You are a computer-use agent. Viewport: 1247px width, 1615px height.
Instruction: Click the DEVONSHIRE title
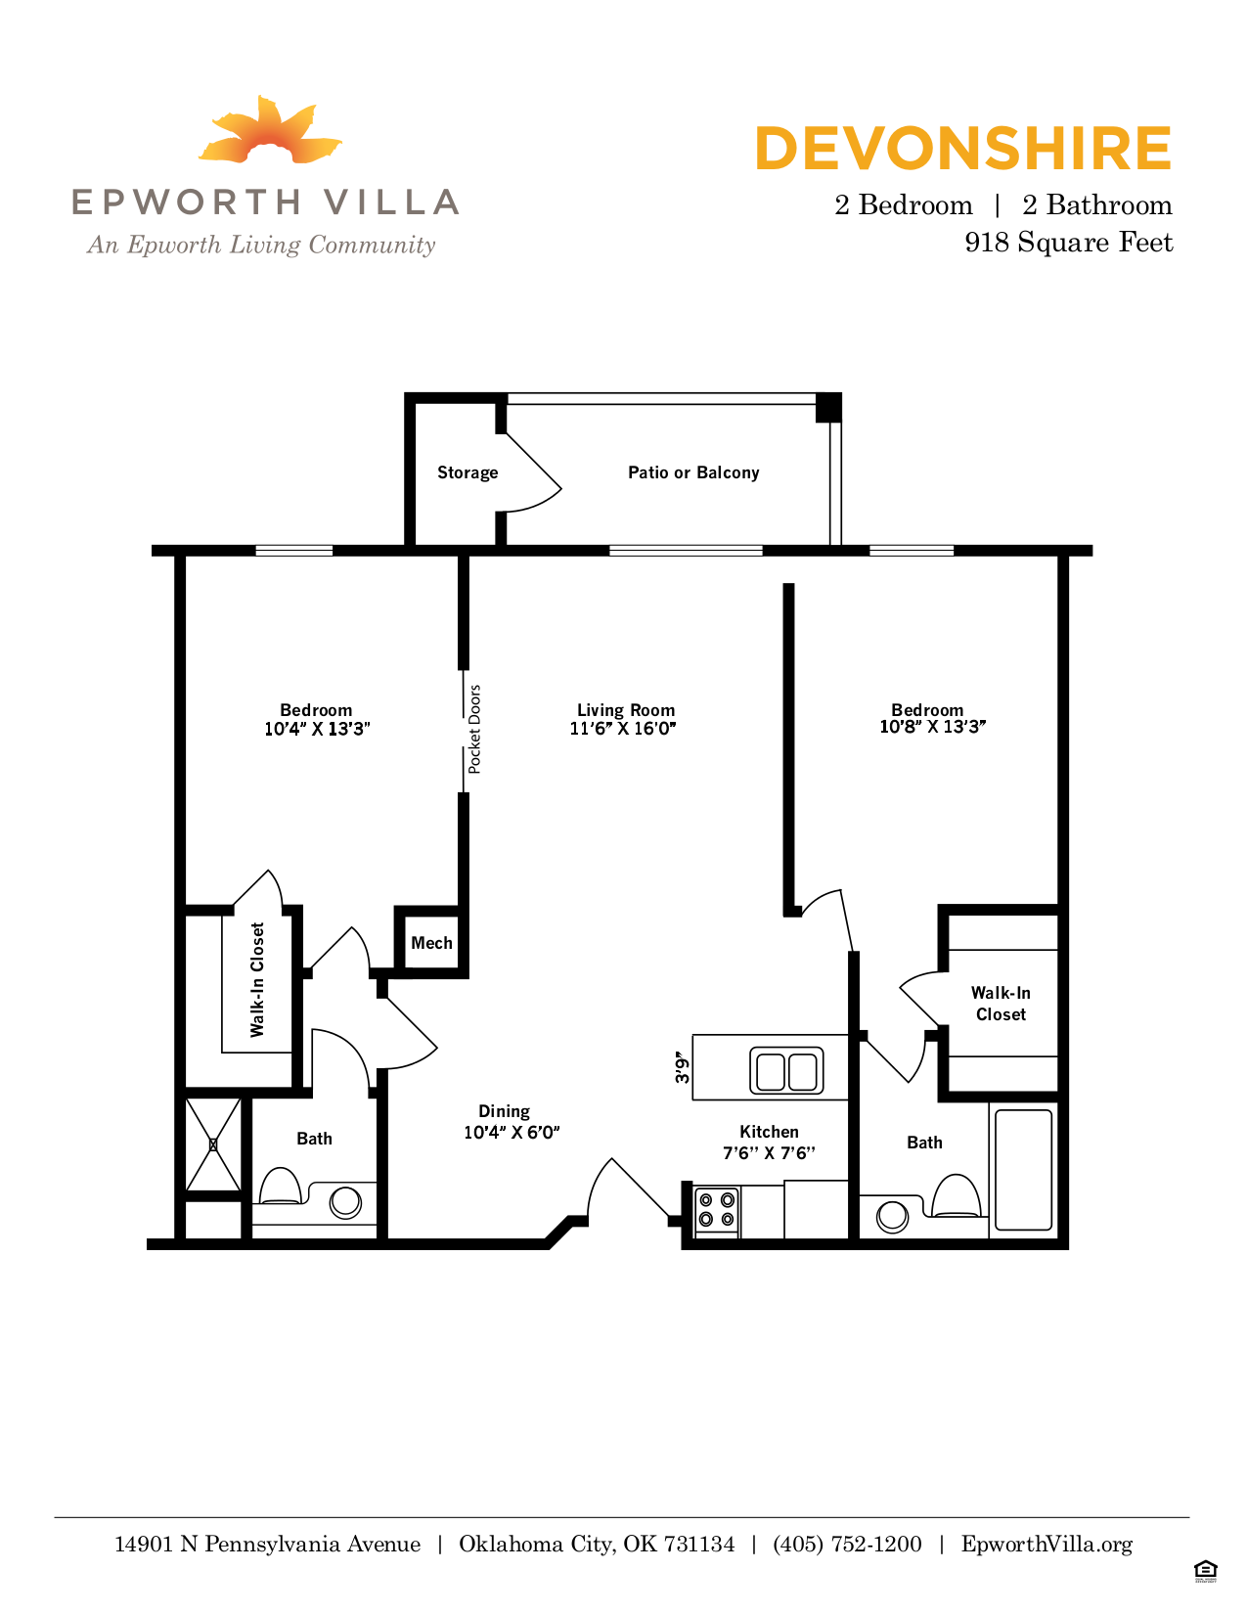point(962,149)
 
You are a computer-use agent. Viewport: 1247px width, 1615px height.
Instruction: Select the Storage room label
point(468,472)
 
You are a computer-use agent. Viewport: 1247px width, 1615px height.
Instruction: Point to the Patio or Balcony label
point(693,472)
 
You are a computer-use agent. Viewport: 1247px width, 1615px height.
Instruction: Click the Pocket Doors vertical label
point(474,730)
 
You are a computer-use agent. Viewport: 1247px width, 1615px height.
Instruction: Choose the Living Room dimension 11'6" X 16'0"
point(623,729)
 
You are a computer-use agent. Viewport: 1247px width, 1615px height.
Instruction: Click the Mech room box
point(431,943)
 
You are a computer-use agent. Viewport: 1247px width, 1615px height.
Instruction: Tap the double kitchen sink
point(786,1070)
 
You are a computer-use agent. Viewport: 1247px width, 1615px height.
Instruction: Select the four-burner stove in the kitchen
point(716,1209)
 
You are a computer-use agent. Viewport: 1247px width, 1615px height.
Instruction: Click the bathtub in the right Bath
point(1023,1168)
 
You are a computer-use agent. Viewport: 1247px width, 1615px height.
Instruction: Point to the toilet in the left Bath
point(281,1187)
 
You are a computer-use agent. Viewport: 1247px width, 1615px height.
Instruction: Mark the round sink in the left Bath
point(345,1201)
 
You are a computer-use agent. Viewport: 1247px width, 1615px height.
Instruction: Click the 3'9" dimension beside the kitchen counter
point(682,1067)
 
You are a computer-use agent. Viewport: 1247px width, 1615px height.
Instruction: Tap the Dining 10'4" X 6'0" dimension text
point(512,1133)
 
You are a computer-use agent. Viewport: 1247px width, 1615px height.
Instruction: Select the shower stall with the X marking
point(213,1144)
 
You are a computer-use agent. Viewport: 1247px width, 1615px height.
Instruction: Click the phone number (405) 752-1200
point(847,1545)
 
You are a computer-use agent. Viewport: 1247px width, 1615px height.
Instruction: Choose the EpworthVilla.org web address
point(1047,1545)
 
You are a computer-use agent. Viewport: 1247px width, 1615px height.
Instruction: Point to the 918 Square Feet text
point(1068,243)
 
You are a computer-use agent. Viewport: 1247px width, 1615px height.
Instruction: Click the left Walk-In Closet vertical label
point(257,979)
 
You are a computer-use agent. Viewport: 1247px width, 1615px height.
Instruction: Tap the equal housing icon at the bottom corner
point(1205,1571)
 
